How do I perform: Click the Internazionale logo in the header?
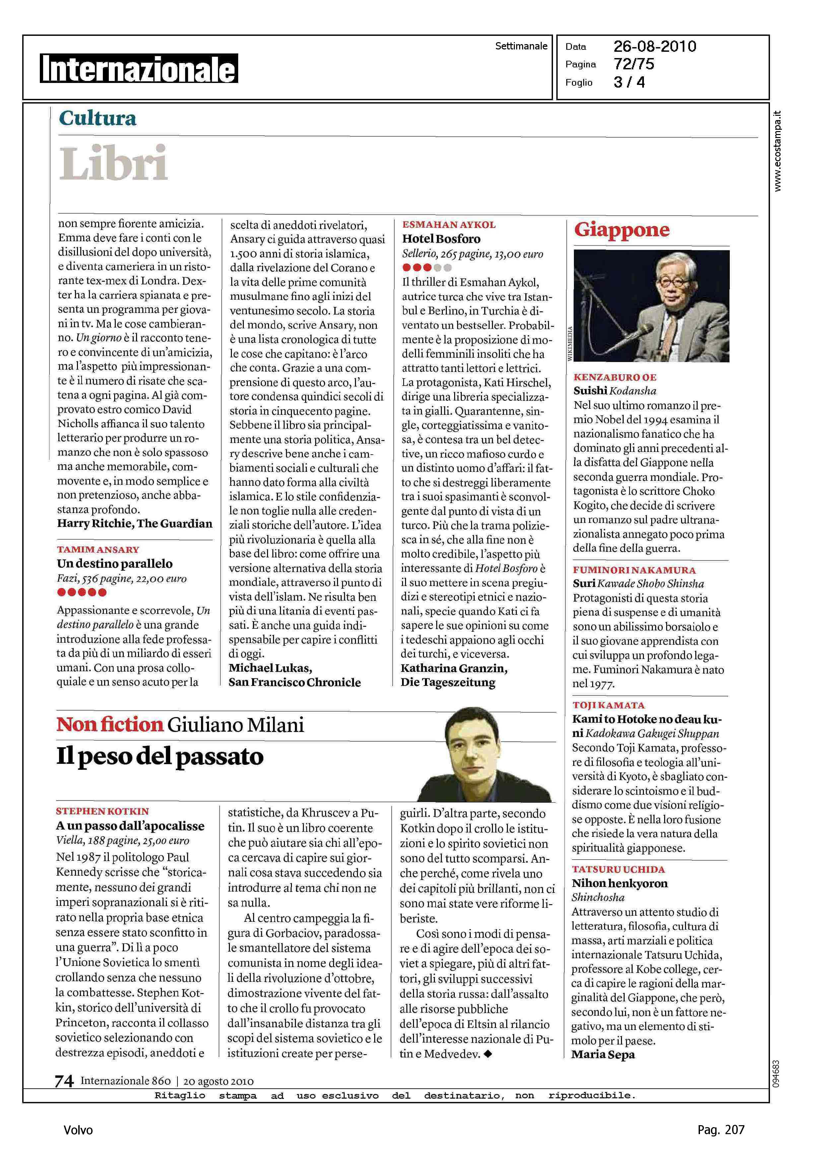[x=139, y=69]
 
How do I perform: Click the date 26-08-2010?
[x=655, y=46]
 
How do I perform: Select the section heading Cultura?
[x=98, y=118]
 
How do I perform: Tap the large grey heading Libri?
[x=113, y=163]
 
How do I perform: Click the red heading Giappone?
[x=622, y=230]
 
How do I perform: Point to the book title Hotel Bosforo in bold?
[x=441, y=239]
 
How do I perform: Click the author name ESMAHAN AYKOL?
[x=449, y=225]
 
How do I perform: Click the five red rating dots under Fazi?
[x=82, y=593]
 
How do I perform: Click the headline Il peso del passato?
[x=160, y=757]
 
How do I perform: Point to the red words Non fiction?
[x=109, y=725]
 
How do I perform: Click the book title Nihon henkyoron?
[x=619, y=884]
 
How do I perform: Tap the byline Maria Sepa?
[x=603, y=1054]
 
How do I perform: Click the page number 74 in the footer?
[x=64, y=1081]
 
